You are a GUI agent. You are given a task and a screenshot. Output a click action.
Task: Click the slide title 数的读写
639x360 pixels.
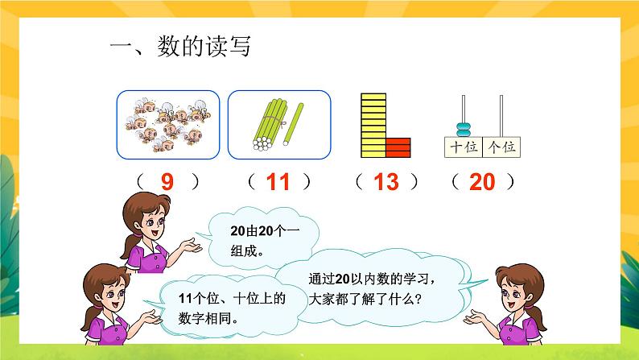[x=181, y=47]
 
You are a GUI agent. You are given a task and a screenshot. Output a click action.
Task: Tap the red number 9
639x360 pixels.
[x=167, y=183]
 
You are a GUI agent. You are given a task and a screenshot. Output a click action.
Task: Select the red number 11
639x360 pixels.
[x=277, y=183]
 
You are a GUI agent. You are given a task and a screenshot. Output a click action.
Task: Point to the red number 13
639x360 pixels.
[x=386, y=183]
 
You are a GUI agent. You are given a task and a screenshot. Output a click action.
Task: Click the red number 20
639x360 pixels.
[x=482, y=183]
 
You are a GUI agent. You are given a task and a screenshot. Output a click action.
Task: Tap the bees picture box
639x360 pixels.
[x=167, y=124]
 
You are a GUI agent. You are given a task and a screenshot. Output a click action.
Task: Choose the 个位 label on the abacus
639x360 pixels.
[x=501, y=147]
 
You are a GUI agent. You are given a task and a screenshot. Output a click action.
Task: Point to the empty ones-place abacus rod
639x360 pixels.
[x=501, y=117]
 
